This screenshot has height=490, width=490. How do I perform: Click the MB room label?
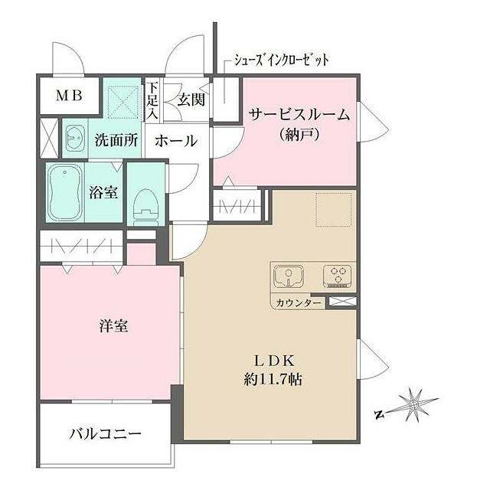point(67,96)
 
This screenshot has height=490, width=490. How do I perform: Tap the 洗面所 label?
point(116,140)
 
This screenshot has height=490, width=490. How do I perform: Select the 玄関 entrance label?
point(191,98)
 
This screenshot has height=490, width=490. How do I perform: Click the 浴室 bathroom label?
point(103,192)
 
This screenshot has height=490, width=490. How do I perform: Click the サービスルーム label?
point(299,116)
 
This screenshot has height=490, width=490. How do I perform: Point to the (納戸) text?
point(299,136)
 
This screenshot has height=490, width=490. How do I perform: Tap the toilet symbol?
point(143,204)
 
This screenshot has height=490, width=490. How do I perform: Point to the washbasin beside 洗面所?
point(75,139)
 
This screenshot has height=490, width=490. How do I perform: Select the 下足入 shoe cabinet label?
point(152,100)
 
